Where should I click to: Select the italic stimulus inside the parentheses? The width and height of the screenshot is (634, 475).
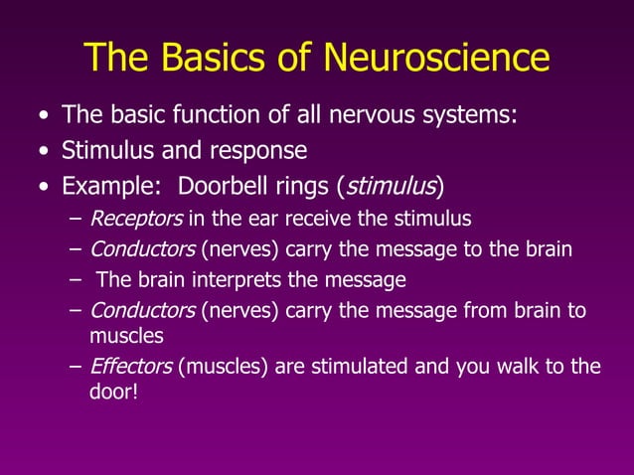[x=390, y=186]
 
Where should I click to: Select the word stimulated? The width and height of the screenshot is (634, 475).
[x=356, y=366]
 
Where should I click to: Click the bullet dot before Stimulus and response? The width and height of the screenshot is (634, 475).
[x=42, y=152]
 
